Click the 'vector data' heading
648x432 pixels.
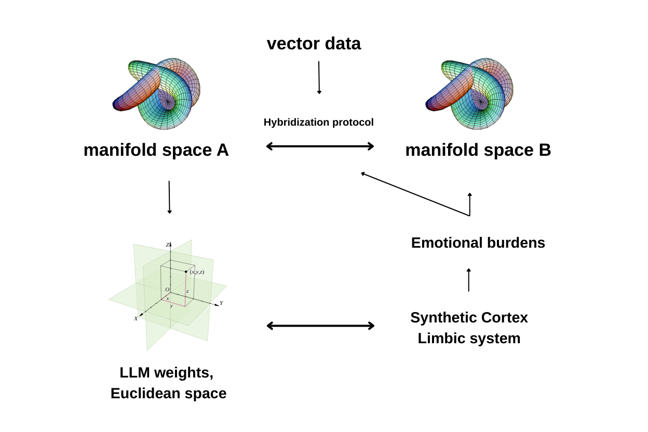coord(314,44)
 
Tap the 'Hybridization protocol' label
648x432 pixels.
coord(318,123)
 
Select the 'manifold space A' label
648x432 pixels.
coord(156,150)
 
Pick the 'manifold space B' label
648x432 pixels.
coord(478,150)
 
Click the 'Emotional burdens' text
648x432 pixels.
coord(478,243)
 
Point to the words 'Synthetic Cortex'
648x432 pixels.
coord(469,317)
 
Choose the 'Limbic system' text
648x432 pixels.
coord(469,339)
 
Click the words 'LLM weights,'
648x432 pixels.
coord(166,373)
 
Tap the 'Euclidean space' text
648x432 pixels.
coord(168,394)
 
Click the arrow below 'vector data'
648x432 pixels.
coord(319,77)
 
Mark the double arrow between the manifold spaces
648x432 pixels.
coord(320,146)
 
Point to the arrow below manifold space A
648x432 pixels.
coord(169,197)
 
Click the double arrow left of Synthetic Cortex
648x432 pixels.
coord(320,326)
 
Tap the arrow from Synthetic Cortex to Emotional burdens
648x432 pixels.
coord(469,280)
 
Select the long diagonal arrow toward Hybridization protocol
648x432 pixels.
coord(415,194)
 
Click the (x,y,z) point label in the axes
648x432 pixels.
coord(197,272)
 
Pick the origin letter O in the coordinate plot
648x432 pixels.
coord(167,290)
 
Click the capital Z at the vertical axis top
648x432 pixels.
coord(167,245)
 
